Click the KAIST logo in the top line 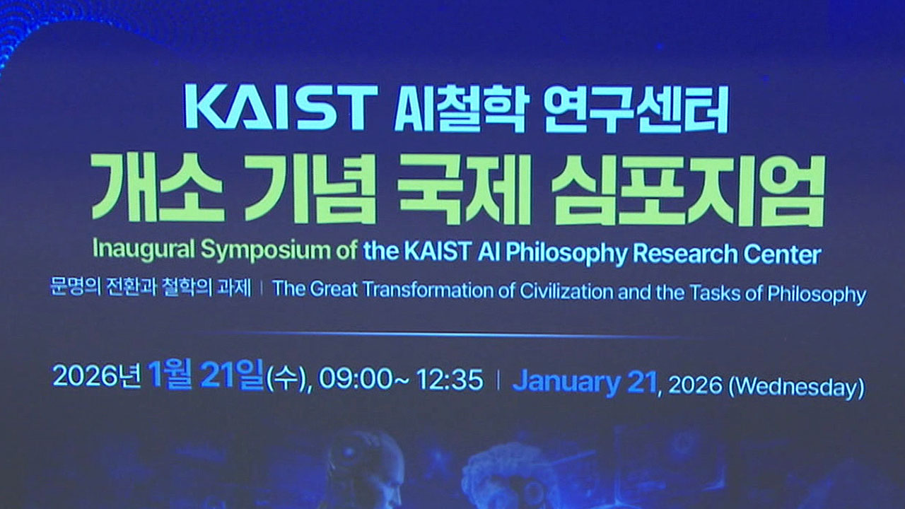pyautogui.click(x=281, y=107)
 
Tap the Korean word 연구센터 pyautogui.click(x=636, y=109)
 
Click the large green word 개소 pyautogui.click(x=158, y=187)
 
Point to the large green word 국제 pyautogui.click(x=464, y=188)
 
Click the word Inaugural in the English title pyautogui.click(x=144, y=249)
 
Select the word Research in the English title pyautogui.click(x=685, y=254)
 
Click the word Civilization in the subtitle pyautogui.click(x=566, y=291)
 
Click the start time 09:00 pyautogui.click(x=356, y=379)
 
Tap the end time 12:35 pyautogui.click(x=450, y=380)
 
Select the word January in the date pyautogui.click(x=566, y=382)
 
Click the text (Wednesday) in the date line pyautogui.click(x=796, y=387)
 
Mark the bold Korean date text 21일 pyautogui.click(x=233, y=375)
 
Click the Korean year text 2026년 pyautogui.click(x=97, y=375)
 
